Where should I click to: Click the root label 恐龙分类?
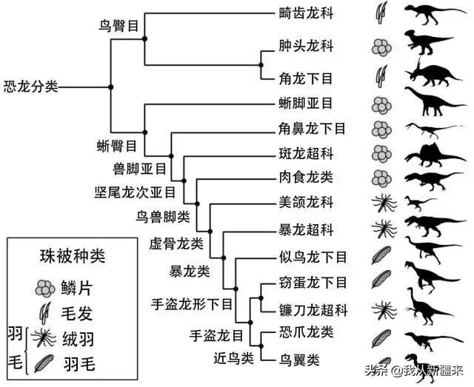click(x=30, y=87)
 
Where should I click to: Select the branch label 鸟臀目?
click(x=119, y=25)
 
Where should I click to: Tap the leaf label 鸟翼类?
click(x=300, y=360)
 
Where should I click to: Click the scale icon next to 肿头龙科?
click(x=381, y=47)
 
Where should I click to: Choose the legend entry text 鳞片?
click(x=75, y=287)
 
